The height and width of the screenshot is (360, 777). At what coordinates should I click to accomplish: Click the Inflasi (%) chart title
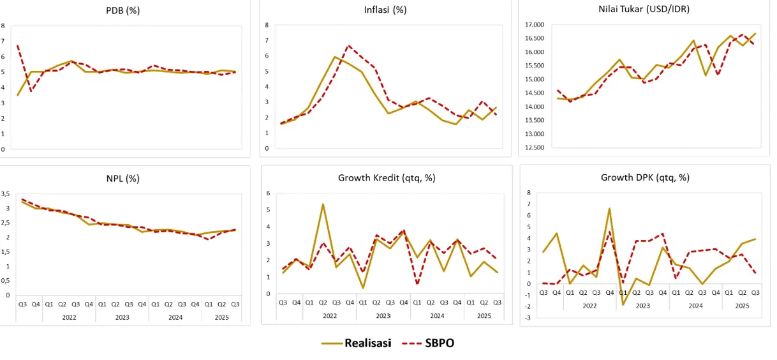coord(381,10)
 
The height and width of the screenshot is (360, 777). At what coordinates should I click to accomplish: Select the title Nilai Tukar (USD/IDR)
coord(640,10)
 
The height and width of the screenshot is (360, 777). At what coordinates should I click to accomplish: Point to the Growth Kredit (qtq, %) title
coord(387,177)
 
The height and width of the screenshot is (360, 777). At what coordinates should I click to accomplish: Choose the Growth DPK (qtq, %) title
coord(645,177)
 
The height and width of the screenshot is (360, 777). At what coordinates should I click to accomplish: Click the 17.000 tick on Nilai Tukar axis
coord(533,25)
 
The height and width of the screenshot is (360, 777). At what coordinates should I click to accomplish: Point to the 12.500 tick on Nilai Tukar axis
coord(533,147)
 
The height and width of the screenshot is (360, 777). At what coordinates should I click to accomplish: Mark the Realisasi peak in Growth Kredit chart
coord(323,204)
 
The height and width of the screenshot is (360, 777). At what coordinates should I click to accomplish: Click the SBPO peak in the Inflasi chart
coord(348,46)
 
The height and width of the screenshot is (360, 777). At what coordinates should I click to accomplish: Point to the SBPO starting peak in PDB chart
coord(17,46)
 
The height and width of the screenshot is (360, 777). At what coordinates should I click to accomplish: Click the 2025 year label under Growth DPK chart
coord(742,305)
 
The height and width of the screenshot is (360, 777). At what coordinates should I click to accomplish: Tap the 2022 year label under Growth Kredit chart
coord(329,315)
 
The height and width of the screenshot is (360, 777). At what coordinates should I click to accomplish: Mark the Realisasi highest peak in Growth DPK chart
coord(609,209)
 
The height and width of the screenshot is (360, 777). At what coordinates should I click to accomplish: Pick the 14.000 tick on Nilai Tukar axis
coord(533,107)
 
